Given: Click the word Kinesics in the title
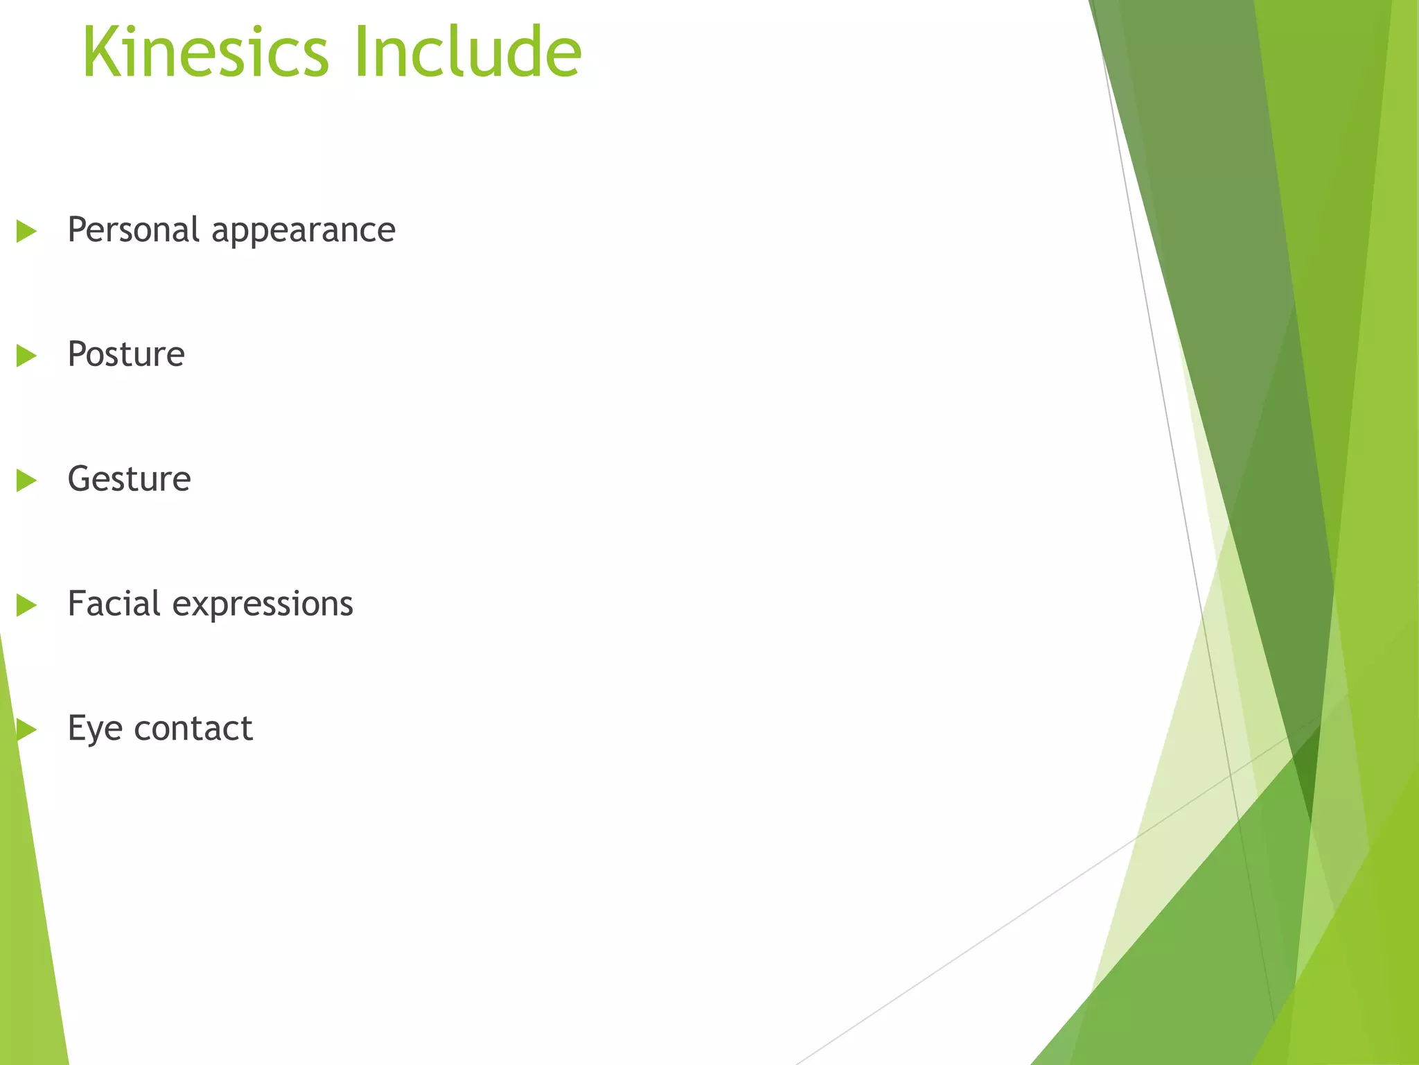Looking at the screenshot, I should [205, 53].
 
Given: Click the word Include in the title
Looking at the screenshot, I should [468, 53].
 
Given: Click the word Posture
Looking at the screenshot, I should [126, 354].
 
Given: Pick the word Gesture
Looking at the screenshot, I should [129, 479].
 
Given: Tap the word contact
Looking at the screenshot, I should [193, 729].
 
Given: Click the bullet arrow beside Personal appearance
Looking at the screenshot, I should [26, 231].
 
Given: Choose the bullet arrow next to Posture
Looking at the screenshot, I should [26, 356].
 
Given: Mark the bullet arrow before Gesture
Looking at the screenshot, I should [26, 480].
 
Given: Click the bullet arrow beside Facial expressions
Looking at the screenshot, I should [26, 605].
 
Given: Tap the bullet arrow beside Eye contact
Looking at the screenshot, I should [26, 729].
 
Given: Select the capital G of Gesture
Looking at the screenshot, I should [80, 479].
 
